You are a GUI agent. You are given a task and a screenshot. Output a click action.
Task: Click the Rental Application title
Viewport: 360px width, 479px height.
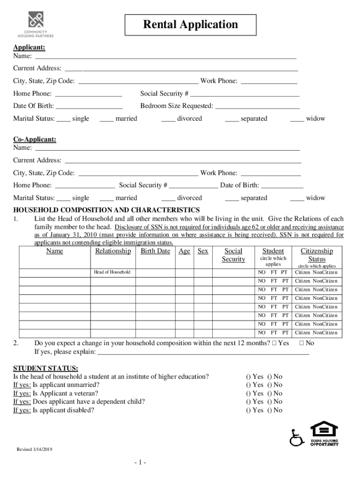click(x=190, y=25)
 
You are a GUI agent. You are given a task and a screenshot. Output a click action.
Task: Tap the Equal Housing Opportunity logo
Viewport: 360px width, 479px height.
click(x=324, y=434)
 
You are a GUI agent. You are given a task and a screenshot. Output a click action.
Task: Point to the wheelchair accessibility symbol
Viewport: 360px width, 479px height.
click(x=296, y=438)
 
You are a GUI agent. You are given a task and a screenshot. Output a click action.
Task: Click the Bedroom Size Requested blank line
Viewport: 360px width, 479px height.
click(x=257, y=106)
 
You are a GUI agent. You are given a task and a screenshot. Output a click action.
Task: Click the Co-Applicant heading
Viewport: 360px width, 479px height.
click(x=35, y=139)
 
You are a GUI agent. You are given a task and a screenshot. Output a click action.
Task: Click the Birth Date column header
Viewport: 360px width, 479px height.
click(x=155, y=251)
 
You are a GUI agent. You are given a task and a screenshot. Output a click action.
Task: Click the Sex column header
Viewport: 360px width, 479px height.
click(x=202, y=251)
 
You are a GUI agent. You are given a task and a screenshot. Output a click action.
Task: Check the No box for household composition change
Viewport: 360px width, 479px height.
click(x=302, y=343)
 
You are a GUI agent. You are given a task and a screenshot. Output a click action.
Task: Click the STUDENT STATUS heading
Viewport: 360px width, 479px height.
click(x=45, y=368)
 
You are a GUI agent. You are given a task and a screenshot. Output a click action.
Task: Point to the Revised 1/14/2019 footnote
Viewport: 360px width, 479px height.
click(x=35, y=449)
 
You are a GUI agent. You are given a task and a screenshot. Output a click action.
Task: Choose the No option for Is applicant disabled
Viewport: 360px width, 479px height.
click(x=275, y=410)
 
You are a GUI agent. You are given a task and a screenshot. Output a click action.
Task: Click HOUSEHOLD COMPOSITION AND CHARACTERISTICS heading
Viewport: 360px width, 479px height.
click(x=107, y=210)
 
